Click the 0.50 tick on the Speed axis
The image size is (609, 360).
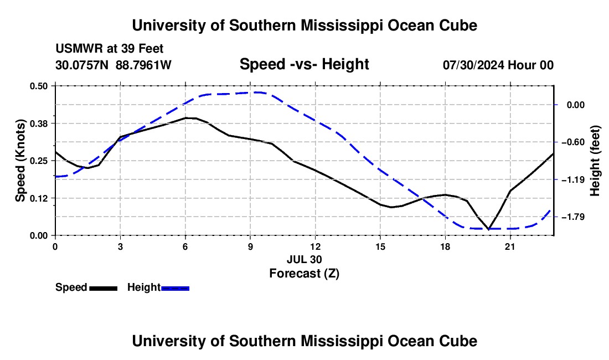(x=38, y=86)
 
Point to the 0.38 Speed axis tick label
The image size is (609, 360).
(x=38, y=124)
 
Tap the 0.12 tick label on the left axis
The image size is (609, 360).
(x=38, y=198)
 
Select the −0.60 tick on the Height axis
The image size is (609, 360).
(x=573, y=142)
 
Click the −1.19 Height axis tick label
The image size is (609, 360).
(x=573, y=180)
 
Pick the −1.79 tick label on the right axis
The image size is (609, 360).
(x=573, y=217)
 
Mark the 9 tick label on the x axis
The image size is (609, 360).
(x=250, y=246)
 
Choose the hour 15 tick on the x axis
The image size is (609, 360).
(x=380, y=246)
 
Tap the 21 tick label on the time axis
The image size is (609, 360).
(x=510, y=246)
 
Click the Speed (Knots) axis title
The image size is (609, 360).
(x=20, y=161)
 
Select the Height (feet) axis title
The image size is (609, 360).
(x=595, y=161)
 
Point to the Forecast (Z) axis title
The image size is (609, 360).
(x=304, y=274)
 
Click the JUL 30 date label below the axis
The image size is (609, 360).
(x=304, y=259)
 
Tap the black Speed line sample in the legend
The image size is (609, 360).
(x=104, y=289)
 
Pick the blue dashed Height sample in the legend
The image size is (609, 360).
(x=175, y=289)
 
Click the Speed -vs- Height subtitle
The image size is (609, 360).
(x=304, y=64)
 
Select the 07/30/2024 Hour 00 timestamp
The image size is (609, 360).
(x=498, y=65)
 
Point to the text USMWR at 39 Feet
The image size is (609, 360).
(x=110, y=49)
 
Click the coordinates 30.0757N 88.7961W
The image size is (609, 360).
(x=113, y=65)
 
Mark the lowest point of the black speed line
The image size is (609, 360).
(x=489, y=229)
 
